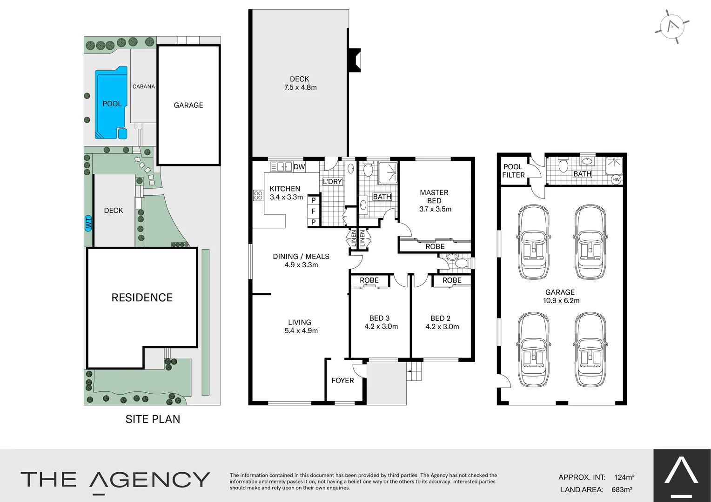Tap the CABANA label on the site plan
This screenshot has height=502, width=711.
pos(143,86)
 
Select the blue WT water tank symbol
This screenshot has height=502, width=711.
pos(88,223)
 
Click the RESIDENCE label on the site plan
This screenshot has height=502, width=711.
pos(142,297)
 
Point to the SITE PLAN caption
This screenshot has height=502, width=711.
pos(153,419)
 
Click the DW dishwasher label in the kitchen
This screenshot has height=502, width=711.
pos(299,166)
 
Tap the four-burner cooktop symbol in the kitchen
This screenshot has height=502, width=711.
pos(258,195)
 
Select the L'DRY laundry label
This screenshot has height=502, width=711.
pos(332,181)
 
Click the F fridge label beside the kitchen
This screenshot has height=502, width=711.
pos(314,211)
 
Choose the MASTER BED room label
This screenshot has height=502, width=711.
pos(434,196)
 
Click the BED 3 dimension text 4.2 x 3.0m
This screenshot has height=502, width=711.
pos(381,327)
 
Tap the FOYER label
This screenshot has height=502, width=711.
pos(342,380)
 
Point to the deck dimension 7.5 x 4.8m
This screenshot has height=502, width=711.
pos(300,87)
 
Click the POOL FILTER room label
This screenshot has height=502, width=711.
pos(513,171)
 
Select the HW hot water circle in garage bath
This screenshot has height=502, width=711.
pos(616,179)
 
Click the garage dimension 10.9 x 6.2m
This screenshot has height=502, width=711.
pos(561,301)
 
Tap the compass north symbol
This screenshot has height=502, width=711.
pos(672,26)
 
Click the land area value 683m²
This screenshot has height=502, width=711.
pos(622,489)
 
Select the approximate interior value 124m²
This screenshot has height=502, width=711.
pos(624,477)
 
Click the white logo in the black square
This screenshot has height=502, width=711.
pos(681,474)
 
